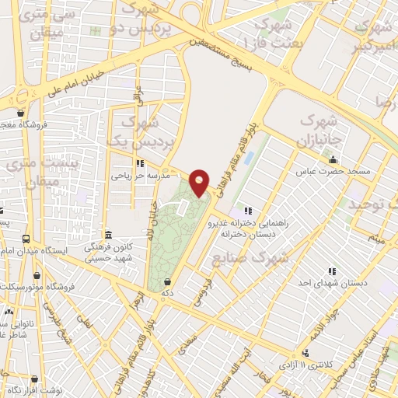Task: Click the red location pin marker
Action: [x=199, y=182]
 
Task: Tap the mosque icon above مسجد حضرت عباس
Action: [x=333, y=160]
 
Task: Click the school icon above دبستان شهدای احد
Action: [x=332, y=272]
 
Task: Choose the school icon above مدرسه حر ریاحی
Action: [x=140, y=163]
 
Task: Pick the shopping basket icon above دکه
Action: [x=169, y=281]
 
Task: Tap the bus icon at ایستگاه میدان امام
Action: [x=26, y=240]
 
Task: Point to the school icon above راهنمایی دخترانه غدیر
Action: [x=248, y=210]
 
